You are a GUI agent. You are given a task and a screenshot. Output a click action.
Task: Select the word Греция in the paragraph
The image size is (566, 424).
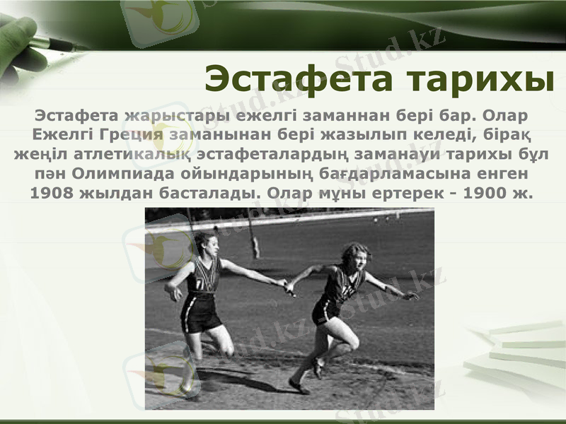[134, 134]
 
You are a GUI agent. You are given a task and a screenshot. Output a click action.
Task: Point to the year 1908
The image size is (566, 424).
[50, 192]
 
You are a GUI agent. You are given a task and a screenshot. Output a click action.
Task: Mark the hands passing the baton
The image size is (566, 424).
[289, 285]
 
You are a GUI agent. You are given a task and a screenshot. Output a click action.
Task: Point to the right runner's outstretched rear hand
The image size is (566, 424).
[410, 295]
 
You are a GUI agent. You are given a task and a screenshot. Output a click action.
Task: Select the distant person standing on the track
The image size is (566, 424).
[255, 247]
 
